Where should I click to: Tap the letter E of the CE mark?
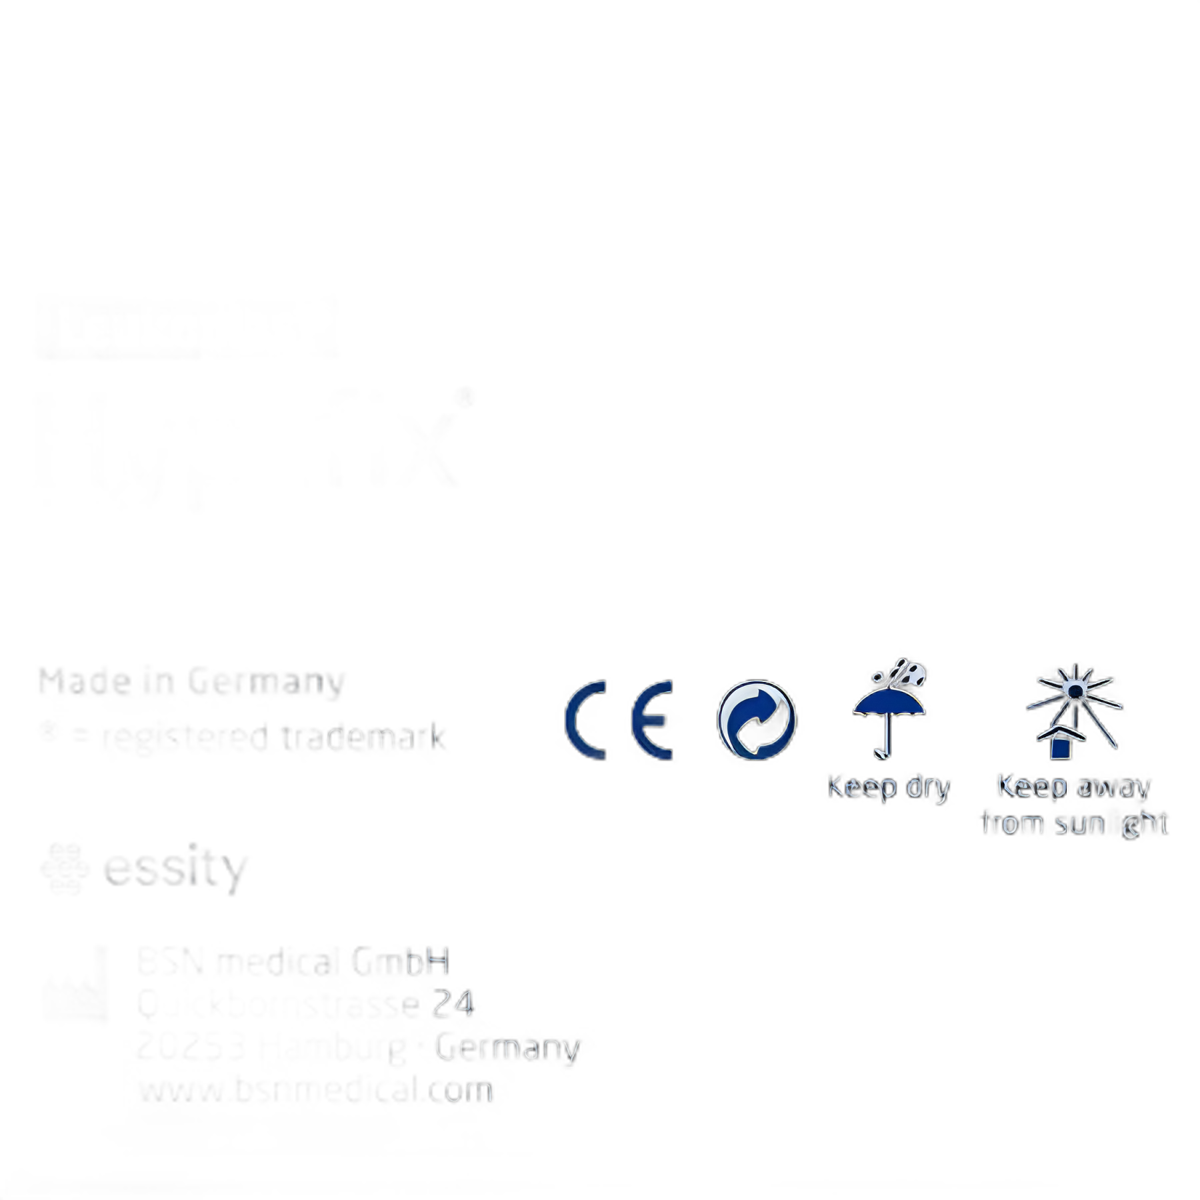(651, 720)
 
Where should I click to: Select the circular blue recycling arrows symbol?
(757, 720)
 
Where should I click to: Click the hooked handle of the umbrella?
(884, 752)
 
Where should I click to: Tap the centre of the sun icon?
(1075, 690)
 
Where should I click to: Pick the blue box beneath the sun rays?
(1061, 747)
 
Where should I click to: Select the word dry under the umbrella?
(927, 788)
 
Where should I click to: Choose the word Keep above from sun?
(1032, 787)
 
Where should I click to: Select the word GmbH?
(400, 962)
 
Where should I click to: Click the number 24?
(453, 1003)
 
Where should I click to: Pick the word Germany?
(507, 1048)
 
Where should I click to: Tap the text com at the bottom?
(460, 1091)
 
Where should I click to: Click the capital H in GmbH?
(437, 962)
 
